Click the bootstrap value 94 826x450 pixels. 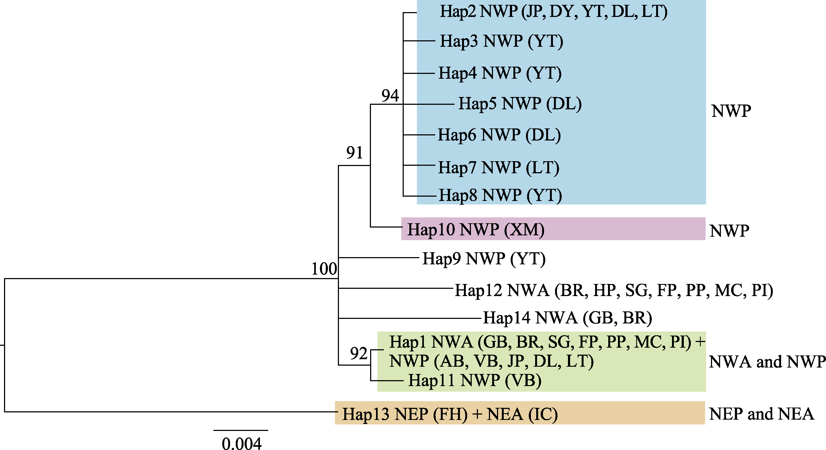pos(390,96)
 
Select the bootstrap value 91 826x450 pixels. pos(354,153)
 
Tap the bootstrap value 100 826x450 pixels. pos(324,269)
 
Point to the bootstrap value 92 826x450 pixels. pos(359,354)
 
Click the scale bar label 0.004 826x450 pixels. pos(241,444)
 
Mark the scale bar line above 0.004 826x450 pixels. pos(241,430)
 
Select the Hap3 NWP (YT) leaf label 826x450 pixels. pos(501,41)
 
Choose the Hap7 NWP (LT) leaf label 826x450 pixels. pos(499,168)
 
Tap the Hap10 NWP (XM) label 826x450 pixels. pos(475,229)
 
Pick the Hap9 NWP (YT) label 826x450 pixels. pos(484,259)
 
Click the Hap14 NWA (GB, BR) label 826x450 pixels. pos(567,318)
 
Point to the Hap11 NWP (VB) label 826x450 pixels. pos(475,381)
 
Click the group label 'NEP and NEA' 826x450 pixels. pos(761,414)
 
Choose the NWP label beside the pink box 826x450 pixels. pos(729,231)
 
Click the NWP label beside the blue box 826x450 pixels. pos(731,111)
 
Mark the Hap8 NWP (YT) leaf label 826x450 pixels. pos(500,195)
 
